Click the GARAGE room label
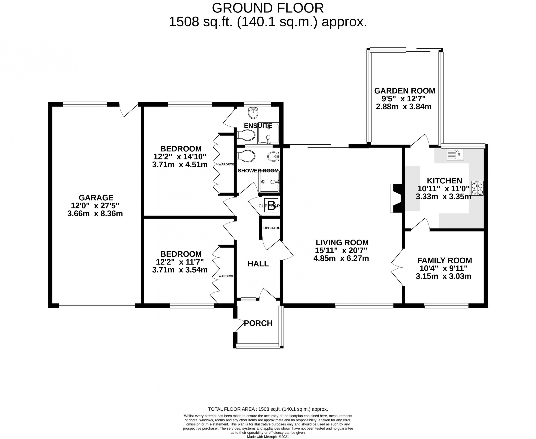pyautogui.click(x=96, y=197)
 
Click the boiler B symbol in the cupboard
pyautogui.click(x=271, y=206)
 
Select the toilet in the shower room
pyautogui.click(x=245, y=156)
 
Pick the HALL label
pyautogui.click(x=258, y=264)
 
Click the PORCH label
pyautogui.click(x=258, y=323)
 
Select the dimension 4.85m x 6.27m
pyautogui.click(x=341, y=258)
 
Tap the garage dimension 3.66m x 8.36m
pyautogui.click(x=95, y=213)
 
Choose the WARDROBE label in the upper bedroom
pyautogui.click(x=226, y=164)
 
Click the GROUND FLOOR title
pyautogui.click(x=268, y=8)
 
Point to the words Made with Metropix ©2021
pyautogui.click(x=268, y=436)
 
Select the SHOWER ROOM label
pyautogui.click(x=258, y=171)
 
